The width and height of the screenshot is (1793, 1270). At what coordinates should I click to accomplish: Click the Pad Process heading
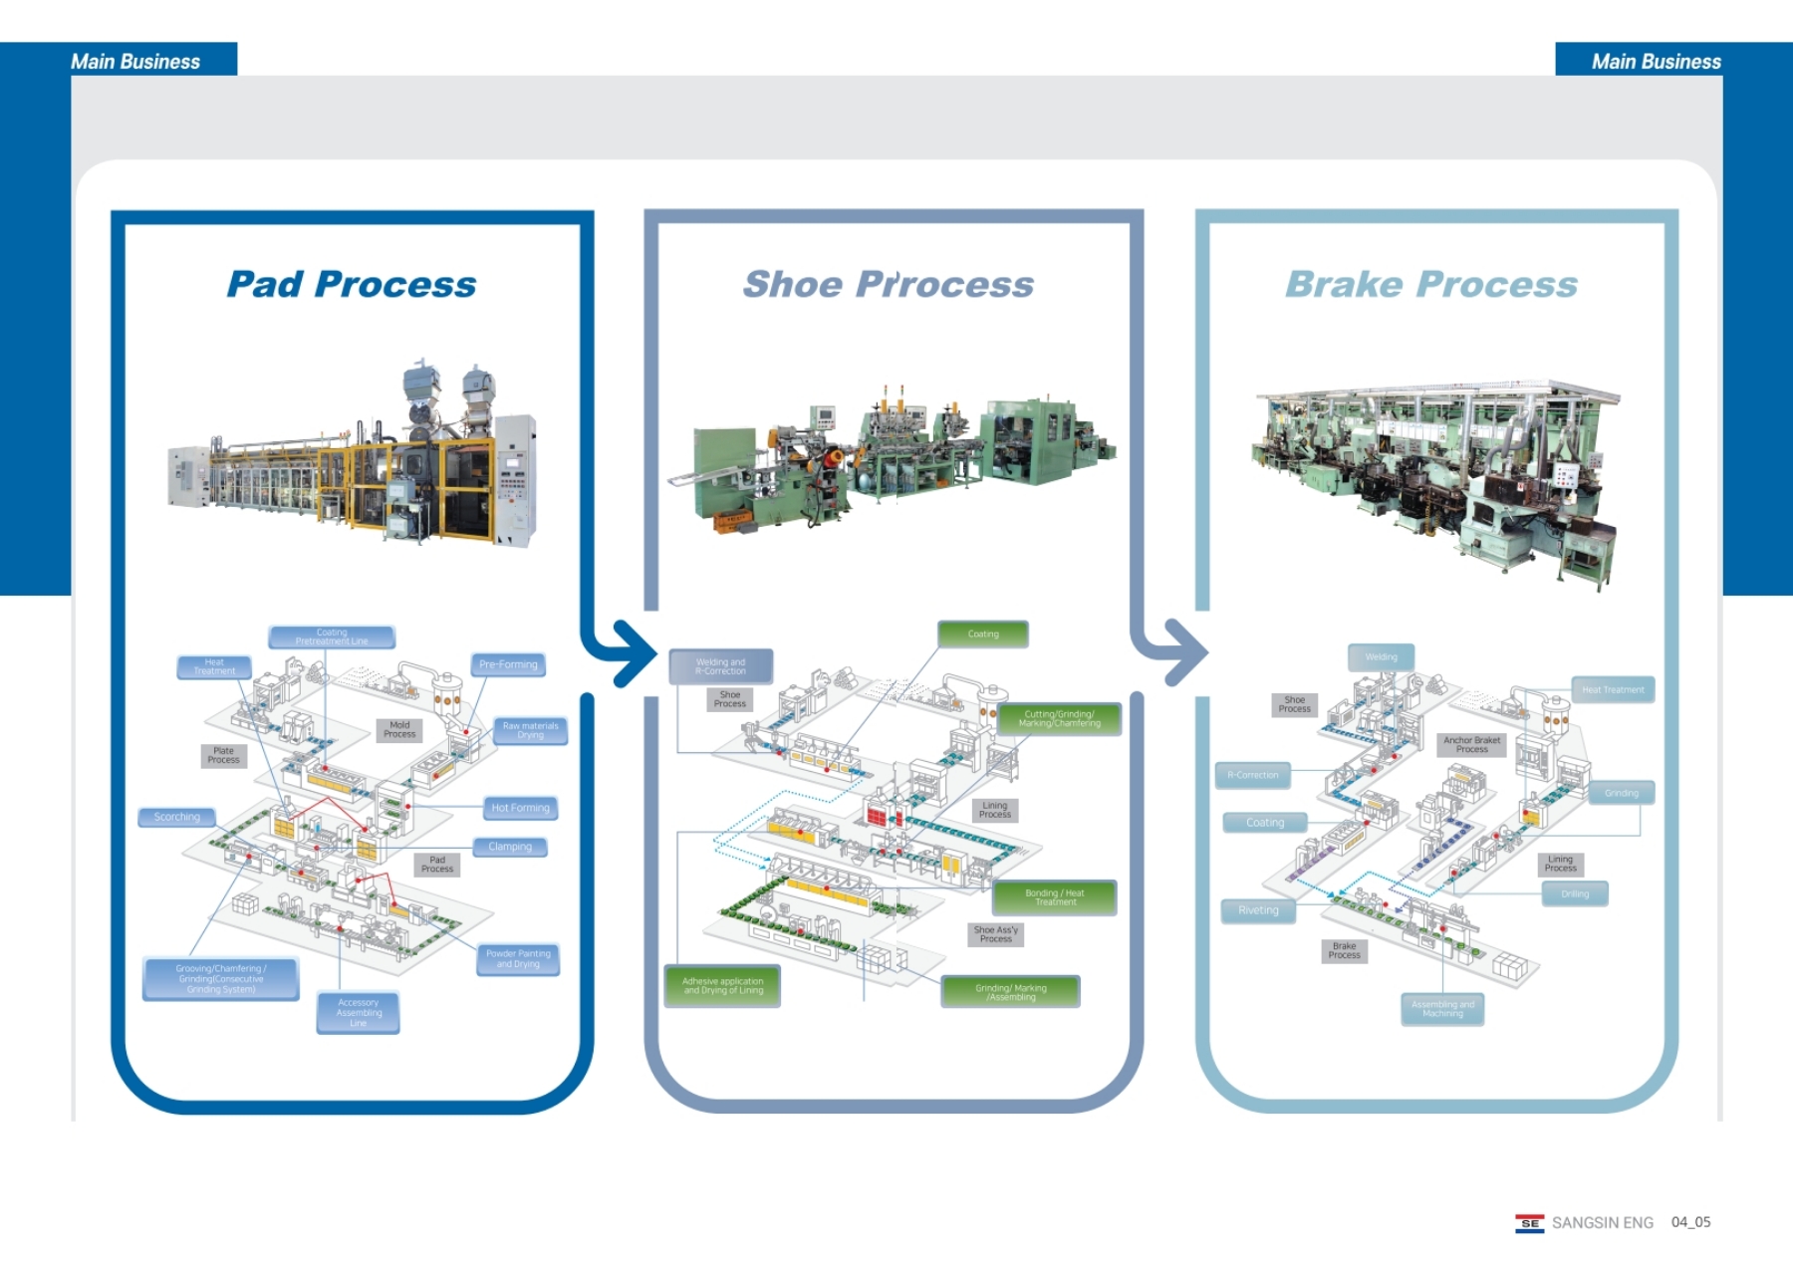(x=352, y=285)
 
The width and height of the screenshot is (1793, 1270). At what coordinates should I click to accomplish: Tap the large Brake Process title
(x=1431, y=285)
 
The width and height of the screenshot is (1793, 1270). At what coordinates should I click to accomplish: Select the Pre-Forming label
(x=508, y=664)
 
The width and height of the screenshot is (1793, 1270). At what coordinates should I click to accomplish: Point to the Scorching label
(x=177, y=817)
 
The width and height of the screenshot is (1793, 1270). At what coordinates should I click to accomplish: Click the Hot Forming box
(x=520, y=808)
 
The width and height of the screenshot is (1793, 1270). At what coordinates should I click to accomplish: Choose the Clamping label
(x=510, y=847)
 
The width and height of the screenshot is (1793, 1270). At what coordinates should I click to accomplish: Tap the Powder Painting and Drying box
(x=518, y=959)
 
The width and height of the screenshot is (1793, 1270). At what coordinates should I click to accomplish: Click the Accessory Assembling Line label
(x=359, y=1013)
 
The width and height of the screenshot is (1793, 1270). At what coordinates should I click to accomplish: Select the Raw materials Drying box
(x=530, y=730)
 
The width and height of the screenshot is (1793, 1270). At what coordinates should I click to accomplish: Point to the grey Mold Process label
(x=399, y=730)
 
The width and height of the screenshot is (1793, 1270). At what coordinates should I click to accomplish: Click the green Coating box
(x=983, y=635)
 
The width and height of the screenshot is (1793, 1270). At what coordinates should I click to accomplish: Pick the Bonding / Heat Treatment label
(x=1055, y=897)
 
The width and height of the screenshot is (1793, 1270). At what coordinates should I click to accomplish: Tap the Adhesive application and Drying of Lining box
(x=722, y=986)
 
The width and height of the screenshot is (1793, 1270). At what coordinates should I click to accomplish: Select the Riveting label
(x=1258, y=910)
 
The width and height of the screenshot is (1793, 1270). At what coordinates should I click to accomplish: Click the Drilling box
(x=1575, y=894)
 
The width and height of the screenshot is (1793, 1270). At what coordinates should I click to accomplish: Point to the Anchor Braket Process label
(x=1471, y=745)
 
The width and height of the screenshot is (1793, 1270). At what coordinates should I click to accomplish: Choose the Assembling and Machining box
(x=1442, y=1009)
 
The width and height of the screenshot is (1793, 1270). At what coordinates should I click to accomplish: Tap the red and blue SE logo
(x=1529, y=1223)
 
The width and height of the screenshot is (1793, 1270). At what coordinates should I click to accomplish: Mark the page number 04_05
(x=1690, y=1222)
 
